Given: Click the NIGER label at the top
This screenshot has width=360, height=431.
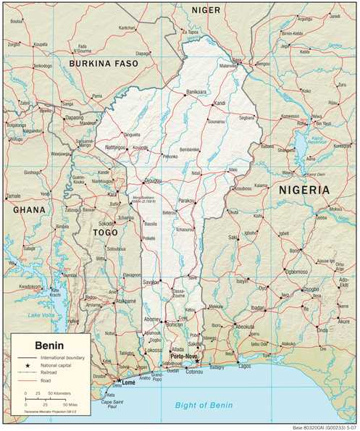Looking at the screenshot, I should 206,9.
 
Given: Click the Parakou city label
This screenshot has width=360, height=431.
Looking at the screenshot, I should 188,199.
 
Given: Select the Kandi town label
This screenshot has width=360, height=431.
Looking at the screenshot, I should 220,103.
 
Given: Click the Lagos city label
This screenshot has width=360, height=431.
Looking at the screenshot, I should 244,367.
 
